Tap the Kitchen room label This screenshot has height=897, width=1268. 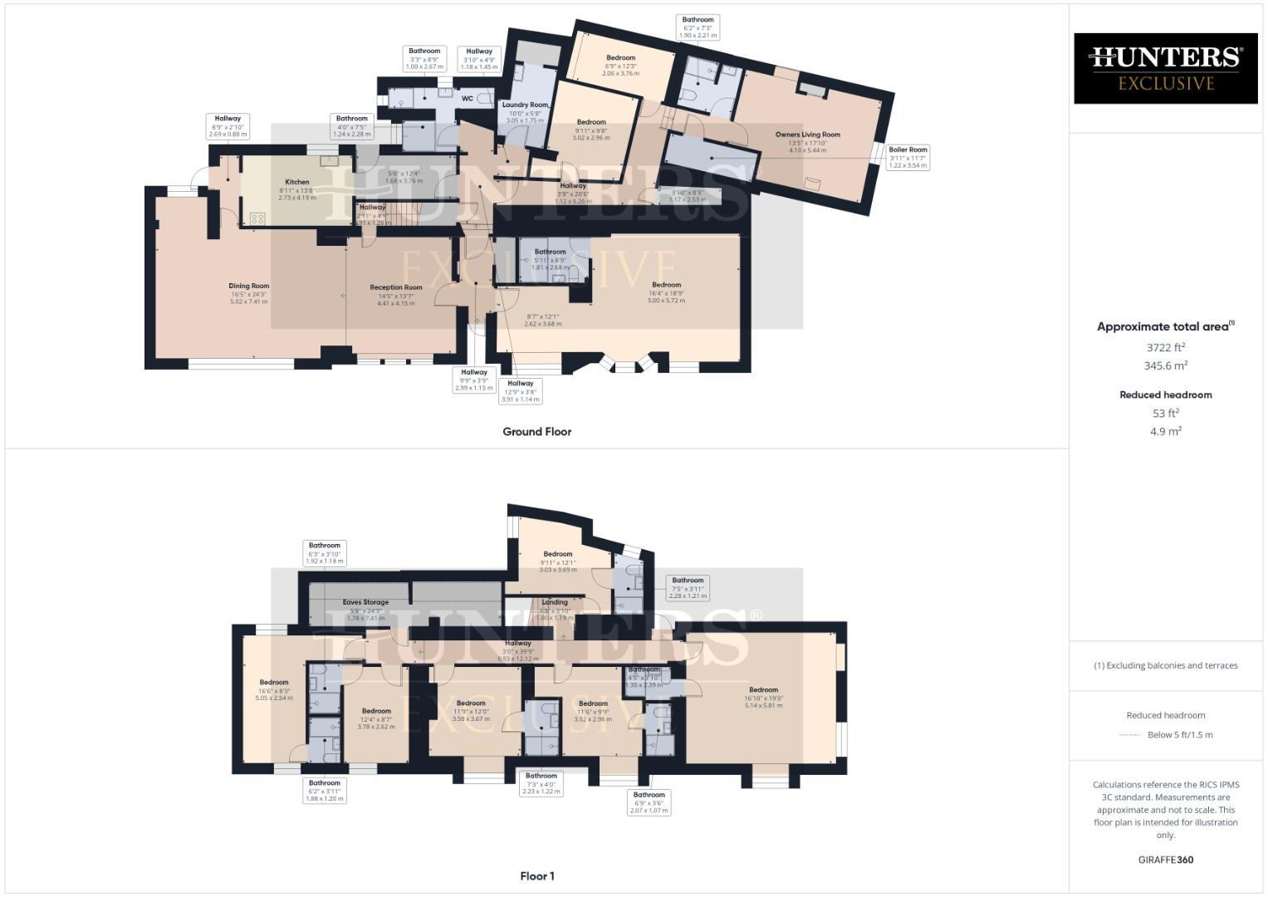[x=297, y=182]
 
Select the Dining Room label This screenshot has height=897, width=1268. [x=249, y=286]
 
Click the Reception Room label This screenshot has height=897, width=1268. [x=396, y=287]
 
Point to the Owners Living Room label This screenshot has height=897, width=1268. [x=807, y=135]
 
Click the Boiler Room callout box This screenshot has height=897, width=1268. [x=908, y=157]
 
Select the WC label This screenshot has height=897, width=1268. [x=468, y=99]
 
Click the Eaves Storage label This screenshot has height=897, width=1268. [x=365, y=602]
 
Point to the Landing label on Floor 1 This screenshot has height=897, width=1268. [x=555, y=602]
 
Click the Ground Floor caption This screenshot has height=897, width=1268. [x=537, y=432]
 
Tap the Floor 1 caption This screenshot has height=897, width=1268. [x=536, y=876]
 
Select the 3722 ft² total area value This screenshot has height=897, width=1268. [x=1166, y=348]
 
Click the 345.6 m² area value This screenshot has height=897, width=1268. [x=1166, y=365]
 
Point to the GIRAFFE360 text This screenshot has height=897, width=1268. [x=1166, y=860]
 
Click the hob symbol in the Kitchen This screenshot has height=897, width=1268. [x=257, y=218]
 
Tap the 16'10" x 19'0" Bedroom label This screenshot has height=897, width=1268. [x=763, y=689]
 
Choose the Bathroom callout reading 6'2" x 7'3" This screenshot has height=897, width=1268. [x=698, y=27]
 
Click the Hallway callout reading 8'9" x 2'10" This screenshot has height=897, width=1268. [x=228, y=126]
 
